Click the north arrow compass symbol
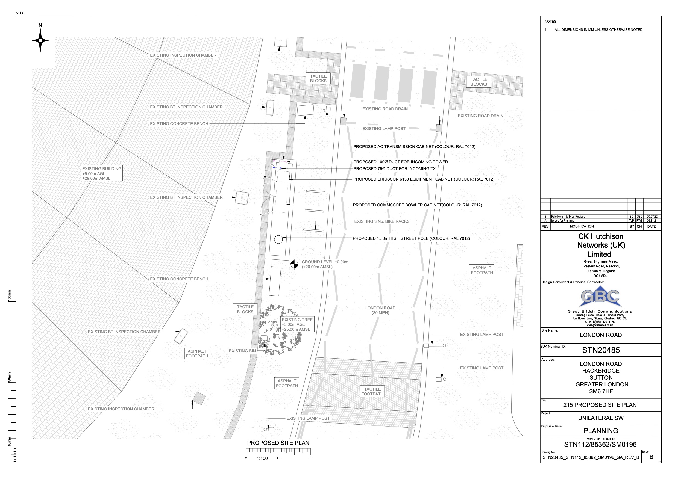coord(40,40)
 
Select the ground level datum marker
coord(294,264)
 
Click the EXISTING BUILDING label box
coord(102,173)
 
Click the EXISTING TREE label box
coord(297,324)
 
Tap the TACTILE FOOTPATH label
coord(372,391)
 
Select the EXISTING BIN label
coord(242,351)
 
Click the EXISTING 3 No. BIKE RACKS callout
coord(382,221)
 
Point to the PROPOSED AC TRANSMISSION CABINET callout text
coord(414,147)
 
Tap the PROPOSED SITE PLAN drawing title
coord(278,443)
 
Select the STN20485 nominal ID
coord(601,350)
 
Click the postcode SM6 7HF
coord(601,391)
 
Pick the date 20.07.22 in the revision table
coord(652,217)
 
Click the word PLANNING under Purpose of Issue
coord(601,431)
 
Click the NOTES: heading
coord(551,22)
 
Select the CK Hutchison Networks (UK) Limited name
coord(601,245)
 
